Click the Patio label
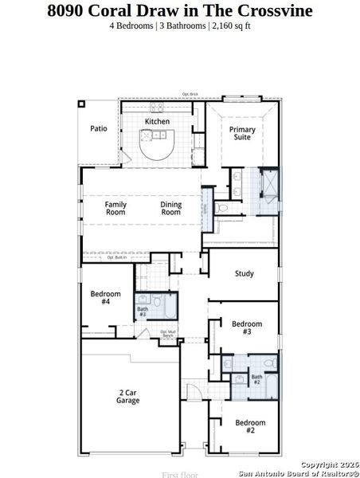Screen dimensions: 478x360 point(98,128)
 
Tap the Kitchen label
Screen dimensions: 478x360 point(157,122)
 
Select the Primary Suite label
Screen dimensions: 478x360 point(242,133)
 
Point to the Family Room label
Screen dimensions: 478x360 point(116,209)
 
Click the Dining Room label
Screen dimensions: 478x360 point(171,209)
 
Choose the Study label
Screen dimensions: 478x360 point(244,274)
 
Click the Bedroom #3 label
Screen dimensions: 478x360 point(247,327)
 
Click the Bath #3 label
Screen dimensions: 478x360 point(143,311)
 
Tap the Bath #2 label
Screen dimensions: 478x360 point(256,380)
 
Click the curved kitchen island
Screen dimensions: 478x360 point(157,146)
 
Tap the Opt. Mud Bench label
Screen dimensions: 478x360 point(167,334)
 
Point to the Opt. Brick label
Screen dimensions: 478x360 point(190,96)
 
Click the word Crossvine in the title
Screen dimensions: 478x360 point(272,10)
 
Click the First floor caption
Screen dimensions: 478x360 point(179,474)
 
